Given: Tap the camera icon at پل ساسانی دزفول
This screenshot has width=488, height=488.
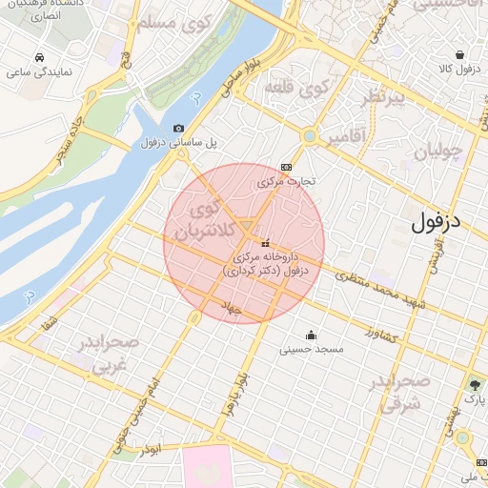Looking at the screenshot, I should click(178, 129).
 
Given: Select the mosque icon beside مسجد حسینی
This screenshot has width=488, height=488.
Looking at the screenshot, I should click(311, 335).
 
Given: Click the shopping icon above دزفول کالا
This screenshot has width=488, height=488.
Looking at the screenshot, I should click(460, 55).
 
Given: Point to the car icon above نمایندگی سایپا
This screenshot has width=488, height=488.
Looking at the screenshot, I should click(38, 57).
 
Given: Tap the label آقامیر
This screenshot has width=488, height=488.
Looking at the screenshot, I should click(345, 138).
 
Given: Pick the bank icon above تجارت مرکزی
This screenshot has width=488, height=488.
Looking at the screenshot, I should click(287, 165).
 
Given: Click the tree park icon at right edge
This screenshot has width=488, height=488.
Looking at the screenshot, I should click(475, 385).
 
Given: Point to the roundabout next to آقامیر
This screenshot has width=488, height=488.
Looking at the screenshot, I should click(310, 136).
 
